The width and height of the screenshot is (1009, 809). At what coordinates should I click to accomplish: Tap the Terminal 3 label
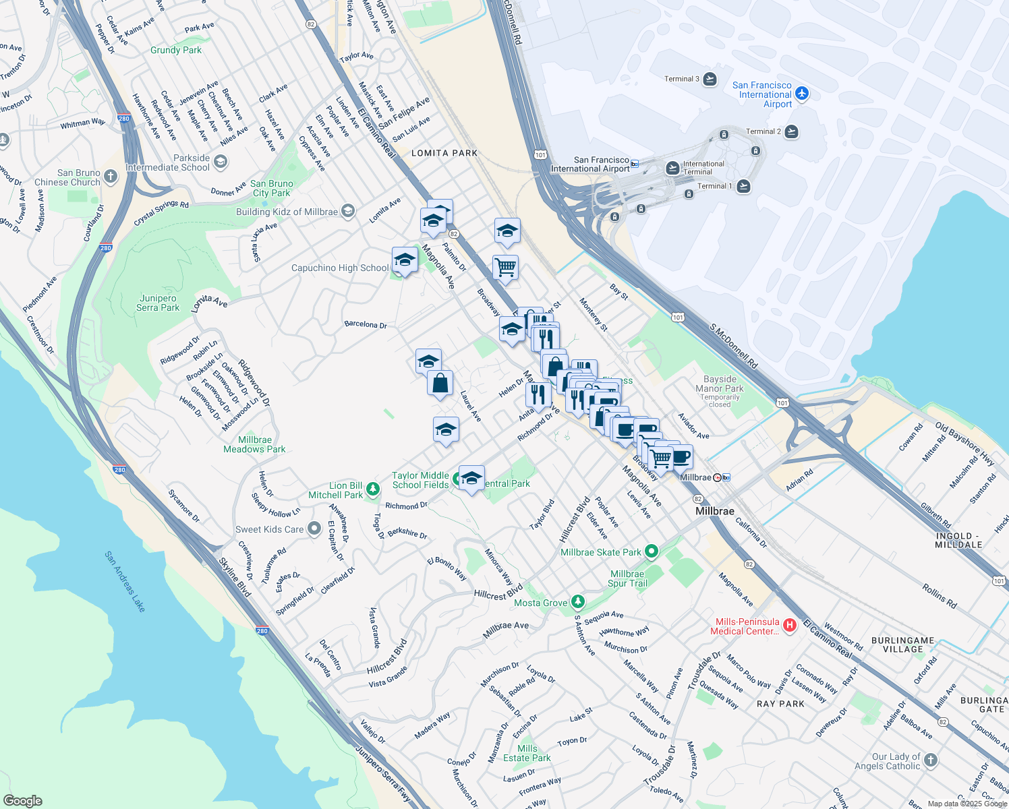(682, 79)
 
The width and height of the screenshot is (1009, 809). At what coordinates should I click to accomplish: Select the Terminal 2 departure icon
(792, 131)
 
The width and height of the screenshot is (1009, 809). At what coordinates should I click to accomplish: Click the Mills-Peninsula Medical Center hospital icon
(790, 626)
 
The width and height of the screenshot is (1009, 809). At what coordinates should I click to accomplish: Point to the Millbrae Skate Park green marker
(651, 552)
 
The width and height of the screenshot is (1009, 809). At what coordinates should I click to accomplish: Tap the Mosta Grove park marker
(577, 601)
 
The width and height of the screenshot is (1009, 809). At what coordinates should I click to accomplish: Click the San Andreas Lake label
(125, 582)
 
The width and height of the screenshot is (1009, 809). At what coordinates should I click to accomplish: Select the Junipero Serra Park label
(158, 303)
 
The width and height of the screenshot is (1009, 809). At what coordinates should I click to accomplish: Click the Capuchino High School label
(340, 268)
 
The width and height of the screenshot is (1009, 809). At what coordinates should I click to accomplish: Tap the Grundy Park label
(176, 50)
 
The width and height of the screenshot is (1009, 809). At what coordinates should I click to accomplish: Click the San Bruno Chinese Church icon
(111, 177)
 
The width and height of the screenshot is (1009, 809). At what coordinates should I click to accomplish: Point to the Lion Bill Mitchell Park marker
(373, 488)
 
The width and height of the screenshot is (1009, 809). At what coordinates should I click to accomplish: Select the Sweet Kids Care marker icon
(314, 529)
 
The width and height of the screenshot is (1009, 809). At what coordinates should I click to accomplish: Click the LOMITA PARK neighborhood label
(444, 153)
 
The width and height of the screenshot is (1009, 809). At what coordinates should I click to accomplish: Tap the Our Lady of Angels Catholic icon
(931, 760)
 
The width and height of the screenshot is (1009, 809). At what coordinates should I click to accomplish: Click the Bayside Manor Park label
(720, 384)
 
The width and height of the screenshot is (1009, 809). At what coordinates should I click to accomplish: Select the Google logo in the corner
(22, 800)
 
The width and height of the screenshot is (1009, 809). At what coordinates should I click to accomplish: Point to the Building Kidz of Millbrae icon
(348, 212)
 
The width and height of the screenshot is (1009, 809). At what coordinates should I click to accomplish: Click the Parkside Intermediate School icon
(221, 162)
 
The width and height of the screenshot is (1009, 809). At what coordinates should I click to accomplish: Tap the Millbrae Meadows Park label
(254, 444)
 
